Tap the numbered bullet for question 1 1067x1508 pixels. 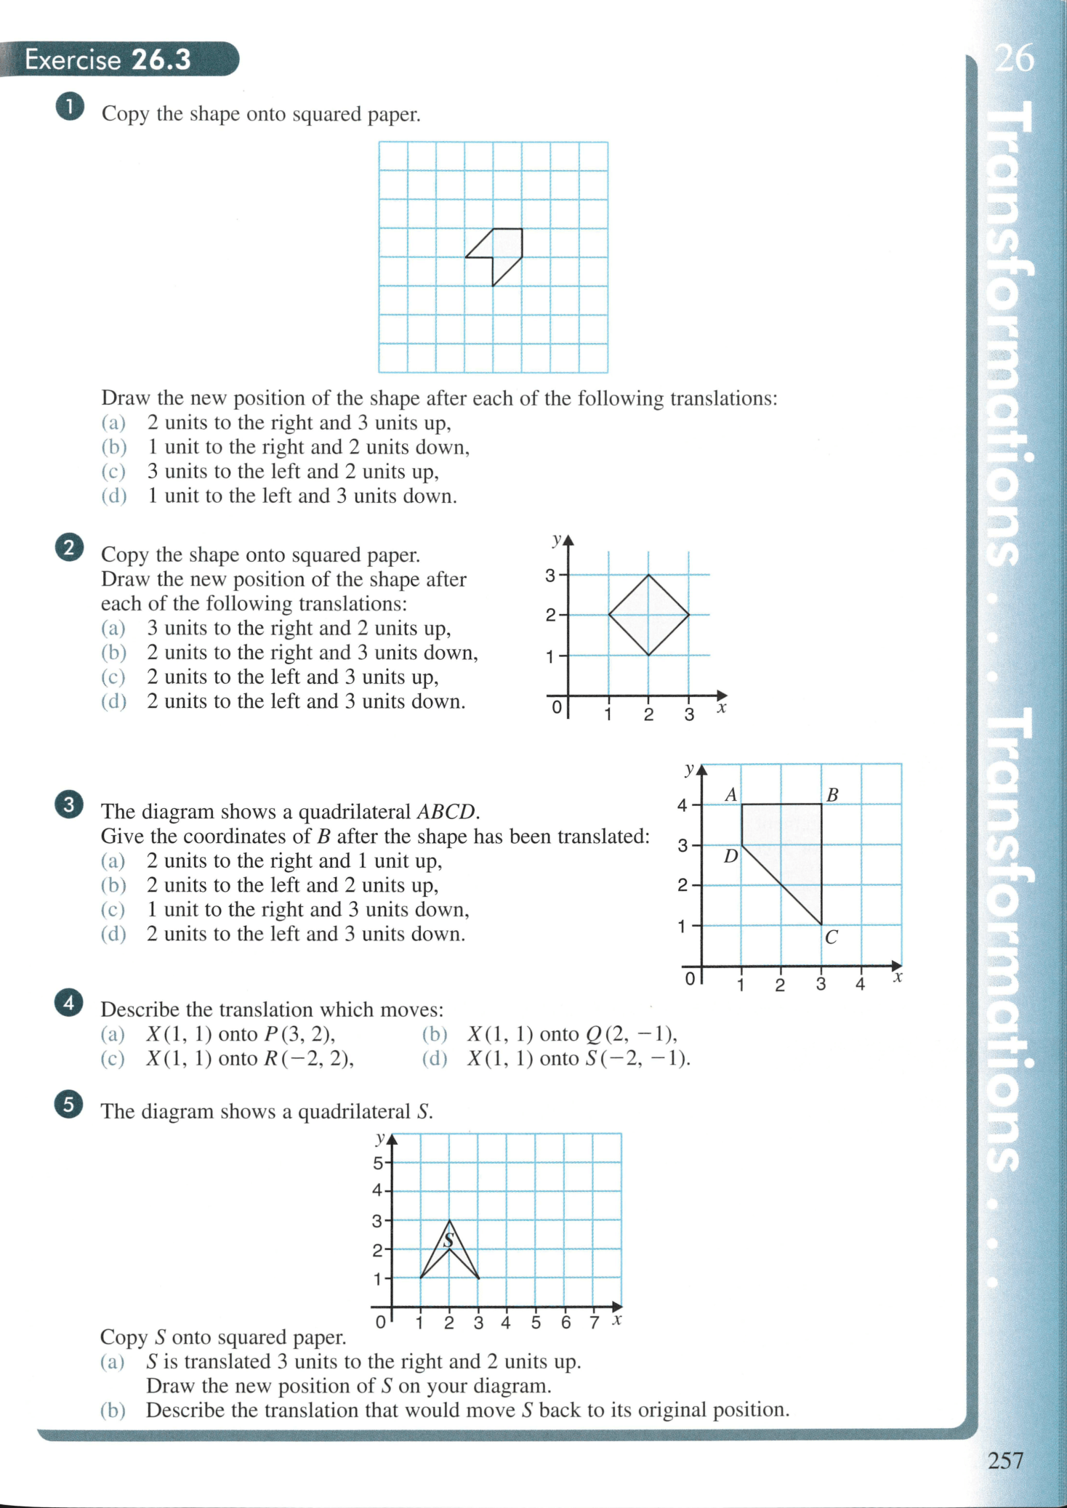pyautogui.click(x=69, y=107)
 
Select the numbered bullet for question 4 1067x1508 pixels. pyautogui.click(x=68, y=1003)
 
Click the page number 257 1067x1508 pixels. pyautogui.click(x=1005, y=1460)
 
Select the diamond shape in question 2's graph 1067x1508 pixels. pyautogui.click(x=648, y=615)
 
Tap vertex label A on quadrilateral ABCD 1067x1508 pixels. pyautogui.click(x=731, y=795)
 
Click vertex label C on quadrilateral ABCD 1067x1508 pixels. pyautogui.click(x=832, y=938)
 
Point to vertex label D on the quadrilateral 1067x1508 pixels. pyautogui.click(x=730, y=856)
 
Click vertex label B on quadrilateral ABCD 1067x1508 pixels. pyautogui.click(x=833, y=795)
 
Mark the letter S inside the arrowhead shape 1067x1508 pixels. pyautogui.click(x=449, y=1240)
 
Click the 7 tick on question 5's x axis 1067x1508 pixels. pyautogui.click(x=594, y=1322)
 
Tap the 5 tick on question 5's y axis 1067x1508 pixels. pyautogui.click(x=378, y=1163)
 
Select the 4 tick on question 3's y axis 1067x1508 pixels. pyautogui.click(x=682, y=805)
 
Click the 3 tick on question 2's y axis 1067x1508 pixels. pyautogui.click(x=550, y=576)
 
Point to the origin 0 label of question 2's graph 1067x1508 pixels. pyautogui.click(x=557, y=706)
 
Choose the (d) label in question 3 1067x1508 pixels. pyautogui.click(x=113, y=934)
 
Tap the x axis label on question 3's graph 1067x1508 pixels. pyautogui.click(x=898, y=977)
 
